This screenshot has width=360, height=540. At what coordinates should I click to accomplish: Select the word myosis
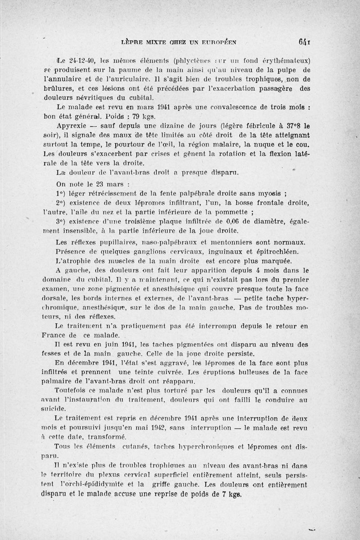click(269, 194)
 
